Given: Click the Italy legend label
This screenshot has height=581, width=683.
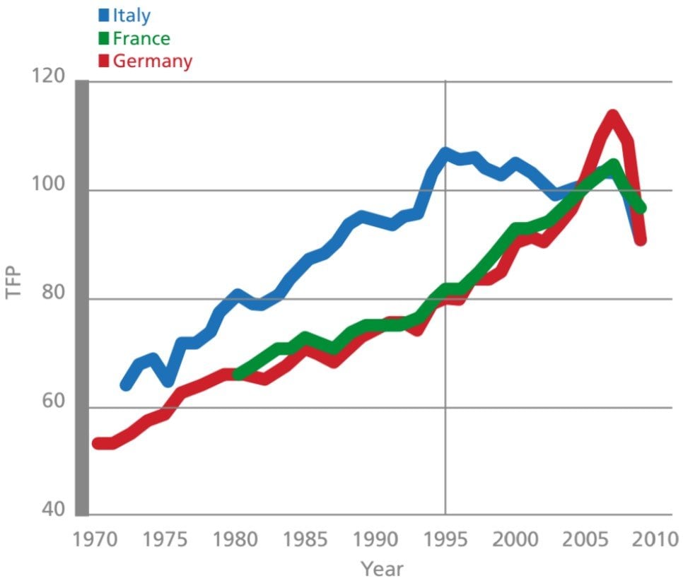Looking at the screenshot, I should [x=132, y=15].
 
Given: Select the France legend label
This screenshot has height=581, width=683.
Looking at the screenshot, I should [x=141, y=37].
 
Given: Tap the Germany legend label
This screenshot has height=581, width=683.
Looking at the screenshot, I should [x=152, y=61].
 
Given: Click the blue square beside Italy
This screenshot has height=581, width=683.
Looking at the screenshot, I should [x=104, y=15].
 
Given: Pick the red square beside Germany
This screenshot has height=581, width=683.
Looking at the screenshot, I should [x=104, y=61].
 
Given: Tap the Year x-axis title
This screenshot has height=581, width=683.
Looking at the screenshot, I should [x=383, y=568].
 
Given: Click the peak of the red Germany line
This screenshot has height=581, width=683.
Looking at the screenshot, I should [x=612, y=115].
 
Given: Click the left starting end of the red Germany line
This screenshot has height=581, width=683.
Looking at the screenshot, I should [x=98, y=443].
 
